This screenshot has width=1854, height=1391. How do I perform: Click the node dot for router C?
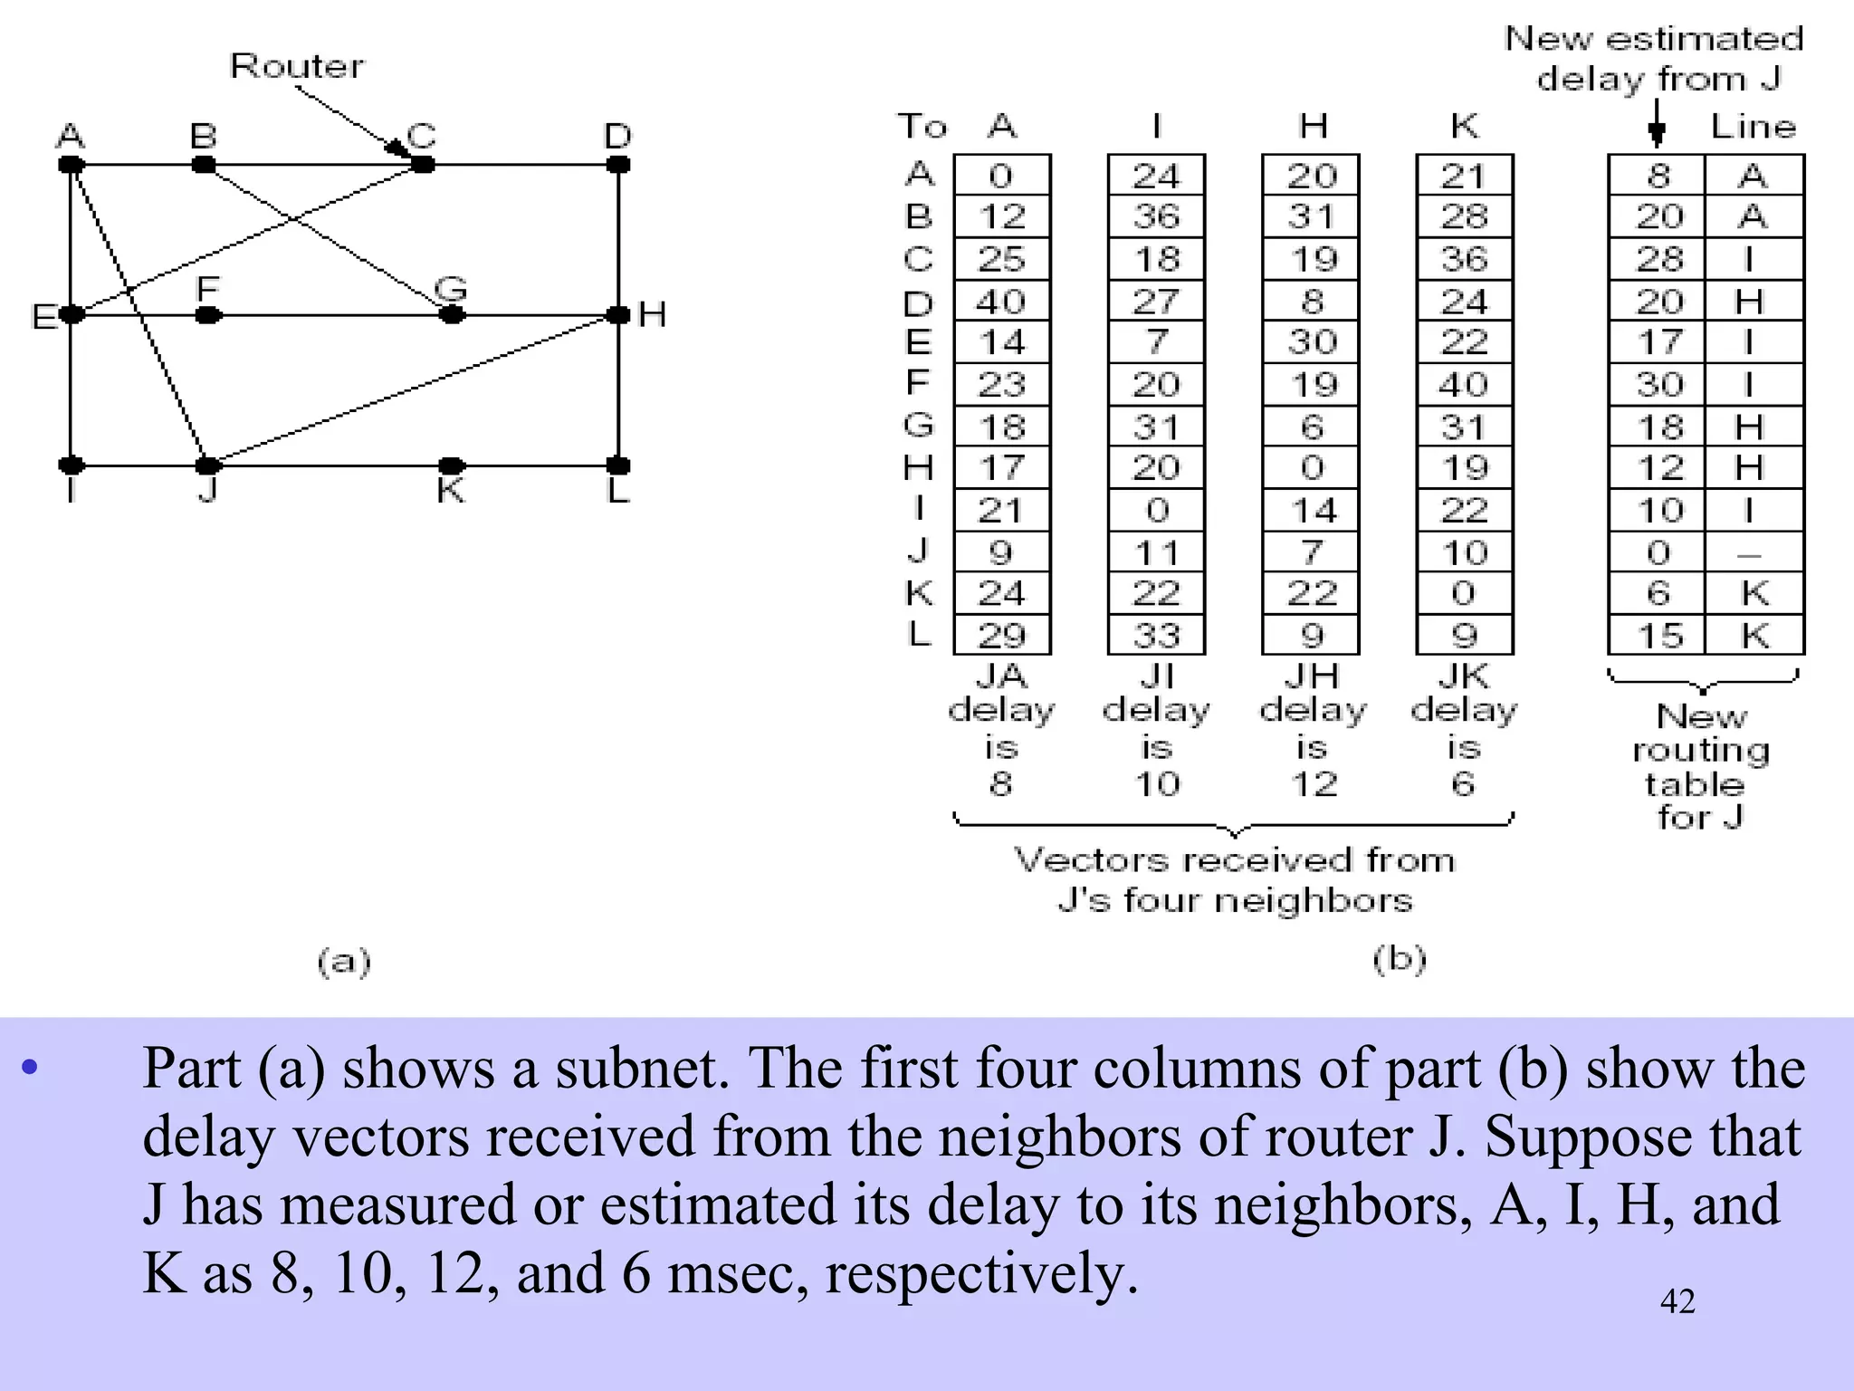(x=422, y=165)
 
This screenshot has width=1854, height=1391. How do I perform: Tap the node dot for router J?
(x=208, y=465)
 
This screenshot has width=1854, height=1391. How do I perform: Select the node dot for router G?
(x=452, y=315)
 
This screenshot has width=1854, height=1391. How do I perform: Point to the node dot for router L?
(x=618, y=465)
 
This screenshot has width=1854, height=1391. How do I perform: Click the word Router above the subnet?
(x=297, y=66)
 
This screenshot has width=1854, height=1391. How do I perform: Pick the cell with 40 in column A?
(x=1001, y=302)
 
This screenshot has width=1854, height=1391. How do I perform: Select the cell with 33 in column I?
(x=1156, y=636)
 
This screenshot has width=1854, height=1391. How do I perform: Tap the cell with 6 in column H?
(x=1312, y=427)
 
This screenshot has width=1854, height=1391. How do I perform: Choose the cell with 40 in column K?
(x=1464, y=385)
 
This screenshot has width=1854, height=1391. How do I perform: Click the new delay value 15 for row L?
(x=1659, y=636)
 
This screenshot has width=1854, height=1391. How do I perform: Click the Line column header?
(x=1754, y=126)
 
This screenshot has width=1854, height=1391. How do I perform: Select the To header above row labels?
(x=922, y=126)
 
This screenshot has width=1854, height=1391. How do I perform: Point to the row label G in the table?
(x=919, y=425)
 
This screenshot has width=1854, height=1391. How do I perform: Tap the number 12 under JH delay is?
(x=1313, y=783)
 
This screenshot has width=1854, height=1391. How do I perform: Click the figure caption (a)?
(x=344, y=961)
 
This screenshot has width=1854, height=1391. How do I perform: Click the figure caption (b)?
(x=1400, y=958)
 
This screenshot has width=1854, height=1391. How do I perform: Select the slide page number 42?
(x=1677, y=1301)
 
